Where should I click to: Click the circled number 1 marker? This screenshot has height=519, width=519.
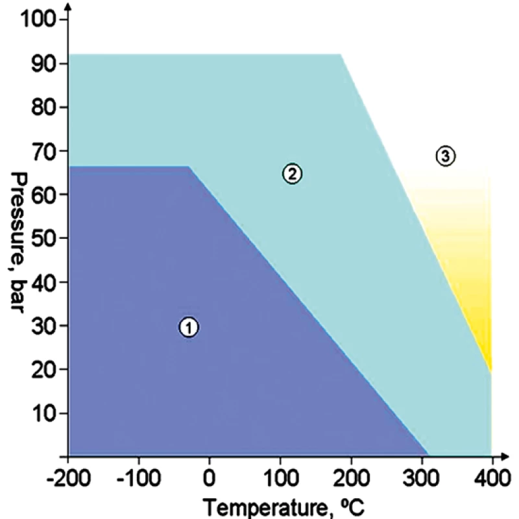188,328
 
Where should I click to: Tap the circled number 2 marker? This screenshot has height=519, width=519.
292,173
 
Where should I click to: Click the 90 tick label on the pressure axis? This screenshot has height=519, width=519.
40,64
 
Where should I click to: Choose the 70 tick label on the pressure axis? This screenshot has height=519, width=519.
40,151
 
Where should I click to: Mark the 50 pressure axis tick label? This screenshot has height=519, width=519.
40,238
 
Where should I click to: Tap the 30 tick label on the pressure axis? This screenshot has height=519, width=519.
40,325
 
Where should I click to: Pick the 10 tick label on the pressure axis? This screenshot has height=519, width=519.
40,413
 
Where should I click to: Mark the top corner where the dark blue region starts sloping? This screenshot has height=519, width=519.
189,167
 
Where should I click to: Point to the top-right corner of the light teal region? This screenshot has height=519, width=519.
341,54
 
